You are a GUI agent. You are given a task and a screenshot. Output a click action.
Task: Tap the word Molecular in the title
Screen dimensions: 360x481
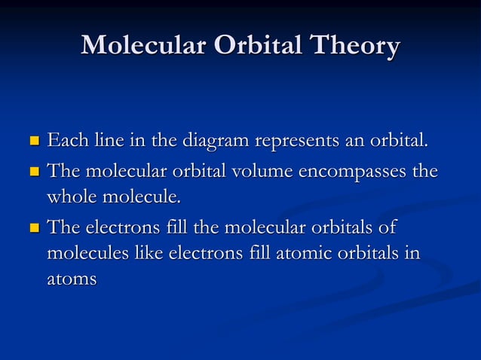pos(142,46)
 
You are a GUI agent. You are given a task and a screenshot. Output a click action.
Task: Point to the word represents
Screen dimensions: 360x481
pos(292,142)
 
